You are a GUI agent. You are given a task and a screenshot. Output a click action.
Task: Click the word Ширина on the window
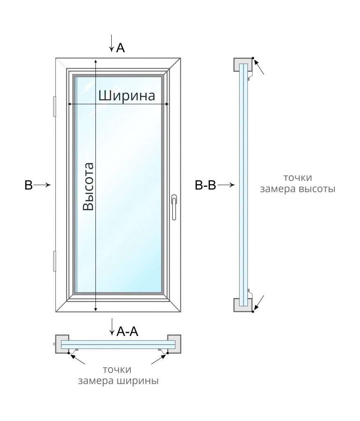pos(127,95)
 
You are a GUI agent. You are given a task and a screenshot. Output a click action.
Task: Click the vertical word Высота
pos(88,187)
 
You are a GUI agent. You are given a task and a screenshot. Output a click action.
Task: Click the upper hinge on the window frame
pos(54,107)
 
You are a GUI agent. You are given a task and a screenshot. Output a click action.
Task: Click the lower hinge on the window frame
pos(54,261)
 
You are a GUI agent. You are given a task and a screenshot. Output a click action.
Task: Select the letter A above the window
pos(120,48)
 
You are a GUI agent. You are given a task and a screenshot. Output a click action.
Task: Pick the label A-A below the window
pos(127,331)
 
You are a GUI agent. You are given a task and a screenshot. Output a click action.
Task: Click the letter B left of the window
pos(28,185)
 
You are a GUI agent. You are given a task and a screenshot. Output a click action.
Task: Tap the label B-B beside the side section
pos(205,185)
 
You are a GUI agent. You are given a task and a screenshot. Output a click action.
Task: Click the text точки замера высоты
pos(298,183)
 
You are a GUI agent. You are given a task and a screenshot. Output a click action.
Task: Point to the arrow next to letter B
pos(42,185)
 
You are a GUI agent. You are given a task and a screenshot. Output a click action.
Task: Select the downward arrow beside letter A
pos(111,44)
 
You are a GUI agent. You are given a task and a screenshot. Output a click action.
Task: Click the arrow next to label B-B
pos(226,185)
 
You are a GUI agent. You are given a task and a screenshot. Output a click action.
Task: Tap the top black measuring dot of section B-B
pos(253,58)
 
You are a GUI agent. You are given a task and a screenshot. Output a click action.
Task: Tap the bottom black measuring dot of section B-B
pos(253,311)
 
